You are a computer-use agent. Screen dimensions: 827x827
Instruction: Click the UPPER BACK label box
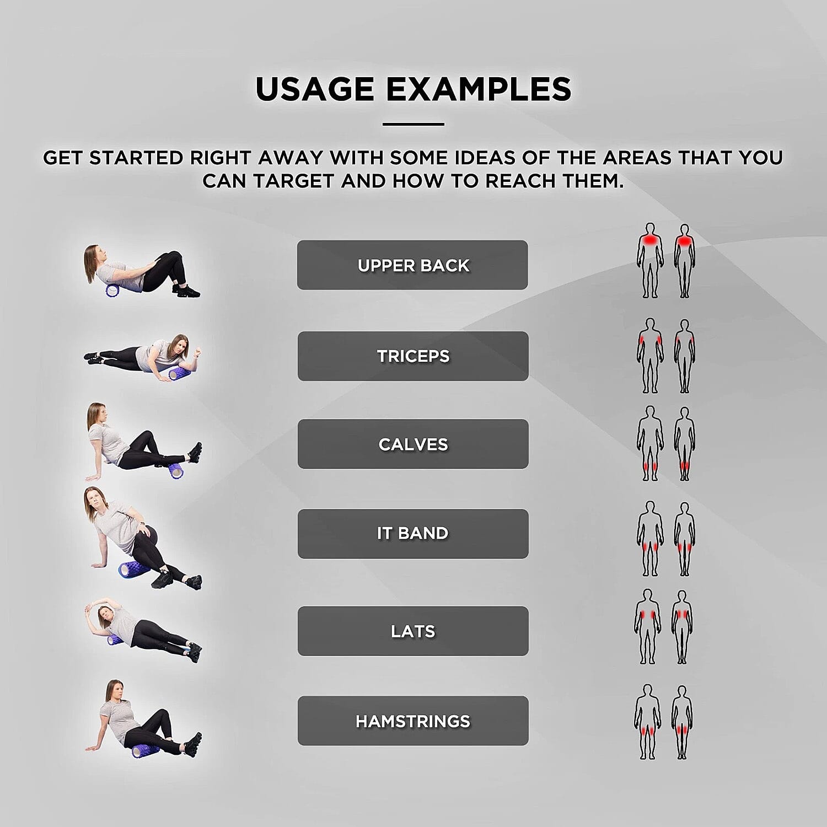(412, 265)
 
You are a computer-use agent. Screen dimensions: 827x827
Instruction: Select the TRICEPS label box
(413, 356)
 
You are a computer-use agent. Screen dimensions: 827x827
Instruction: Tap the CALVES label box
(413, 444)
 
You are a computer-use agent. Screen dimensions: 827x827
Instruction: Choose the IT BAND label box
(413, 534)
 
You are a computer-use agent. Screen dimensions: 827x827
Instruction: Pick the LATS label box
(413, 631)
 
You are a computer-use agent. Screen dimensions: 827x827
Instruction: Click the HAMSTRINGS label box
(413, 721)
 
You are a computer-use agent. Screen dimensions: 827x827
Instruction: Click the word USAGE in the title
(315, 89)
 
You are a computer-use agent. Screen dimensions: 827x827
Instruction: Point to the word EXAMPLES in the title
(479, 89)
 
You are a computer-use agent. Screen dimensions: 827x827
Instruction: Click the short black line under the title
(413, 124)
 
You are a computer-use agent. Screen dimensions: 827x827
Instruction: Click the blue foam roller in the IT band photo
(134, 569)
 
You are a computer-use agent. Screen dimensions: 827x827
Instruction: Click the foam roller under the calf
(176, 470)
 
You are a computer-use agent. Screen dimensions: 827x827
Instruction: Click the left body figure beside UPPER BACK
(651, 260)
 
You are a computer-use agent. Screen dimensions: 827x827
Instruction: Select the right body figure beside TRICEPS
(684, 356)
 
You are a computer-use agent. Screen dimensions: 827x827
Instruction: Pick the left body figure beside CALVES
(651, 444)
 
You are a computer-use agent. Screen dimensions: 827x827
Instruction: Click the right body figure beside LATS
(682, 627)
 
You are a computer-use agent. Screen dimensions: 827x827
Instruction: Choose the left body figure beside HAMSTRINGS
(648, 722)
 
